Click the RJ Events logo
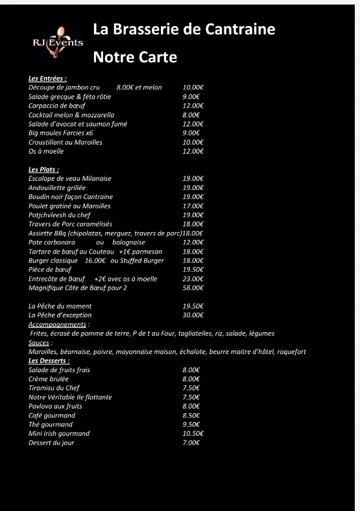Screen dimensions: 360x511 pyautogui.click(x=58, y=42)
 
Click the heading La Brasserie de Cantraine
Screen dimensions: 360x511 pyautogui.click(x=184, y=29)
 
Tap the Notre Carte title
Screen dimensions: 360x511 pyautogui.click(x=135, y=57)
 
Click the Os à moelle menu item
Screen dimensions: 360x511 pyautogui.click(x=46, y=151)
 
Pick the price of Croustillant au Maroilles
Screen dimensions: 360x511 pyautogui.click(x=193, y=142)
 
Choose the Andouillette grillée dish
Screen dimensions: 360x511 pyautogui.click(x=57, y=187)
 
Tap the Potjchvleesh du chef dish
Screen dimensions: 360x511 pyautogui.click(x=60, y=215)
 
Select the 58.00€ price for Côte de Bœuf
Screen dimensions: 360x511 pyautogui.click(x=193, y=288)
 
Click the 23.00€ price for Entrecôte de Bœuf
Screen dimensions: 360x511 pyautogui.click(x=193, y=279)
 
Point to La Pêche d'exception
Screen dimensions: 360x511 pyautogui.click(x=62, y=315)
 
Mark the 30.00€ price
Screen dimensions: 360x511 pyautogui.click(x=193, y=315)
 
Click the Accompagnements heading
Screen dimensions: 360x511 pyautogui.click(x=58, y=324)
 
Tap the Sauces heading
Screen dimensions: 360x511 pyautogui.click(x=40, y=342)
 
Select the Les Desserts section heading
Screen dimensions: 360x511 pyautogui.click(x=49, y=361)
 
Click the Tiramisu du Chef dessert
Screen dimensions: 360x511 pyautogui.click(x=54, y=388)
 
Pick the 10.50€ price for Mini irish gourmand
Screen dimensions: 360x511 pyautogui.click(x=193, y=433)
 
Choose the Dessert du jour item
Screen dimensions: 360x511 pyautogui.click(x=51, y=442)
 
